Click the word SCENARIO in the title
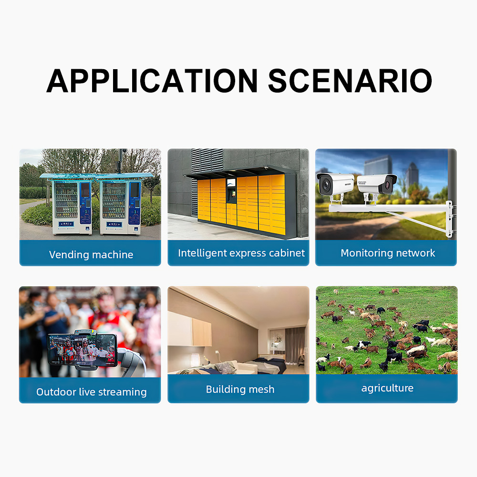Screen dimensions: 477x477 click(x=350, y=81)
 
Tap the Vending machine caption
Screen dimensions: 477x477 click(x=91, y=255)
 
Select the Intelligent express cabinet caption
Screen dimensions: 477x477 click(x=241, y=253)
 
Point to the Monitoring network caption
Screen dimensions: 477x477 click(x=388, y=253)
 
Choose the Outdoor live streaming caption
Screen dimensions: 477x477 click(x=91, y=392)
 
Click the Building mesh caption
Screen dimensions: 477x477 click(x=240, y=389)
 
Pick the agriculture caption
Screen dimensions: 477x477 click(x=387, y=388)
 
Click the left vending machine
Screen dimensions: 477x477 click(x=72, y=207)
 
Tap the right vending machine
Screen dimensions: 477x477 click(x=121, y=207)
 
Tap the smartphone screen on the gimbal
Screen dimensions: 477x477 click(x=82, y=349)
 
